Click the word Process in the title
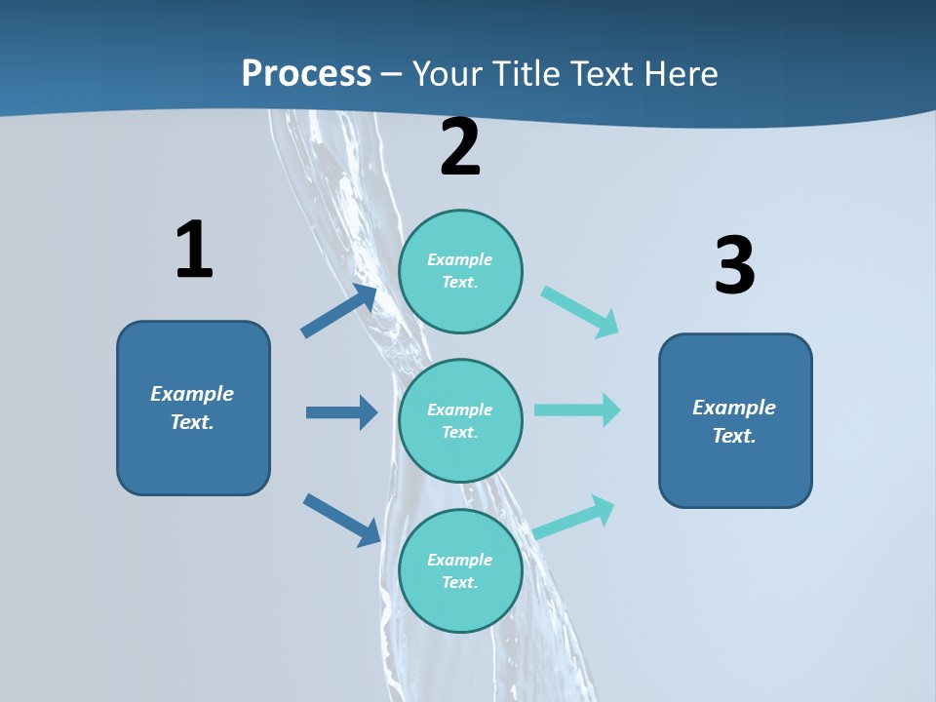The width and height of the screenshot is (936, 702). pyautogui.click(x=306, y=73)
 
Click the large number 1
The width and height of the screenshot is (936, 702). pyautogui.click(x=194, y=250)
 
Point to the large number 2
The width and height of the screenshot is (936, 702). pyautogui.click(x=460, y=147)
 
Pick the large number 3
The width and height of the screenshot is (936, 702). pyautogui.click(x=734, y=265)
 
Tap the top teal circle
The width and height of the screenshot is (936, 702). pyautogui.click(x=460, y=271)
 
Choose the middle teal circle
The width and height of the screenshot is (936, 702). pyautogui.click(x=460, y=420)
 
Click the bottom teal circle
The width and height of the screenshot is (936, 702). pyautogui.click(x=460, y=570)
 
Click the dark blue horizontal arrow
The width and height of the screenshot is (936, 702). pyautogui.click(x=341, y=412)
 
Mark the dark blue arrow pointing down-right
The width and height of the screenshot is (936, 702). pyautogui.click(x=341, y=520)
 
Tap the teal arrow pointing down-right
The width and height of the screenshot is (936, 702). pyautogui.click(x=580, y=312)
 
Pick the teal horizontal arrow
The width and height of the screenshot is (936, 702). pyautogui.click(x=577, y=409)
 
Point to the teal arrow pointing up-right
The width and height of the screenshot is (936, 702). pyautogui.click(x=574, y=518)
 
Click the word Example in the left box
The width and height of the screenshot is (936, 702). pyautogui.click(x=192, y=394)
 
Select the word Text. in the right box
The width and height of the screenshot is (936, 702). pyautogui.click(x=734, y=436)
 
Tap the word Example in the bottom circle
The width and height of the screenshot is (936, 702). pyautogui.click(x=460, y=560)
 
